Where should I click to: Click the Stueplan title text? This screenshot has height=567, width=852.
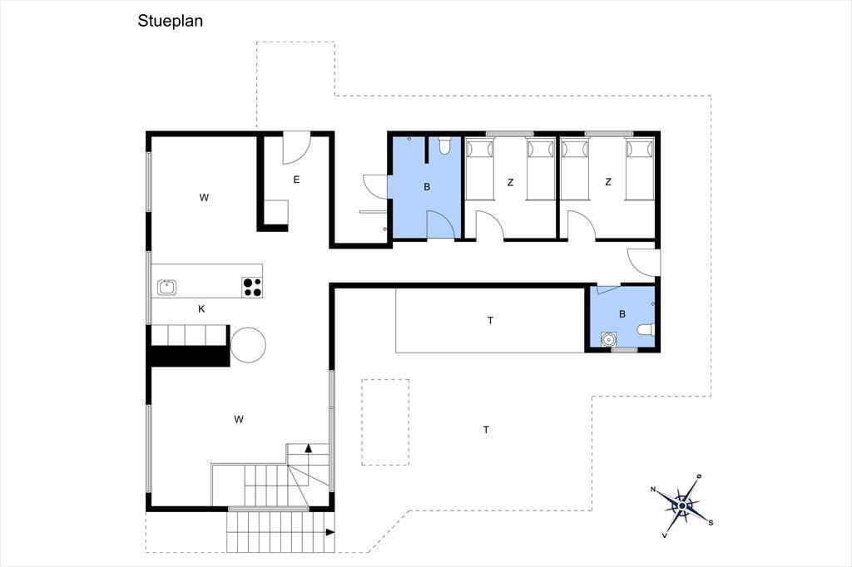[170, 21]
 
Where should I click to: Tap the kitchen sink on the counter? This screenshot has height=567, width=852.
[166, 288]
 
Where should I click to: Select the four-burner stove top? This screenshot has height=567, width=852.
[251, 288]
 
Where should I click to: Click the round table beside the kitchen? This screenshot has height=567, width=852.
[248, 345]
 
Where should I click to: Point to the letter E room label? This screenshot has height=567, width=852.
[296, 180]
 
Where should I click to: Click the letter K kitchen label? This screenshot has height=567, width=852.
[201, 309]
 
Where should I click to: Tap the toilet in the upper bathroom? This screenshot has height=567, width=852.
[445, 145]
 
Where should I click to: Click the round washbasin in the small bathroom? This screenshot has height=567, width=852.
[608, 339]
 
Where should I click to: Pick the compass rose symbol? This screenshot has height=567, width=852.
[682, 506]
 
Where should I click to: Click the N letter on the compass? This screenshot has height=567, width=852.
[653, 490]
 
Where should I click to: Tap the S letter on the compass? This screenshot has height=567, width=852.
[711, 523]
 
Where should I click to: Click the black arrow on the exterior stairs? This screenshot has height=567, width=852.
[329, 532]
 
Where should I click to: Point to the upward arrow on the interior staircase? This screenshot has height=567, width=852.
[309, 448]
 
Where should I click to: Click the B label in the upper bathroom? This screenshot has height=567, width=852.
[427, 187]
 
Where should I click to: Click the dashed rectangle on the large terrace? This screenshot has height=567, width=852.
[385, 422]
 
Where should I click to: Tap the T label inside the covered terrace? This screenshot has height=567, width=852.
[490, 320]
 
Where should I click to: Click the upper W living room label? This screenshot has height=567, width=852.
[205, 198]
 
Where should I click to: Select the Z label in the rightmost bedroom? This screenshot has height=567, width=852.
[608, 182]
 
